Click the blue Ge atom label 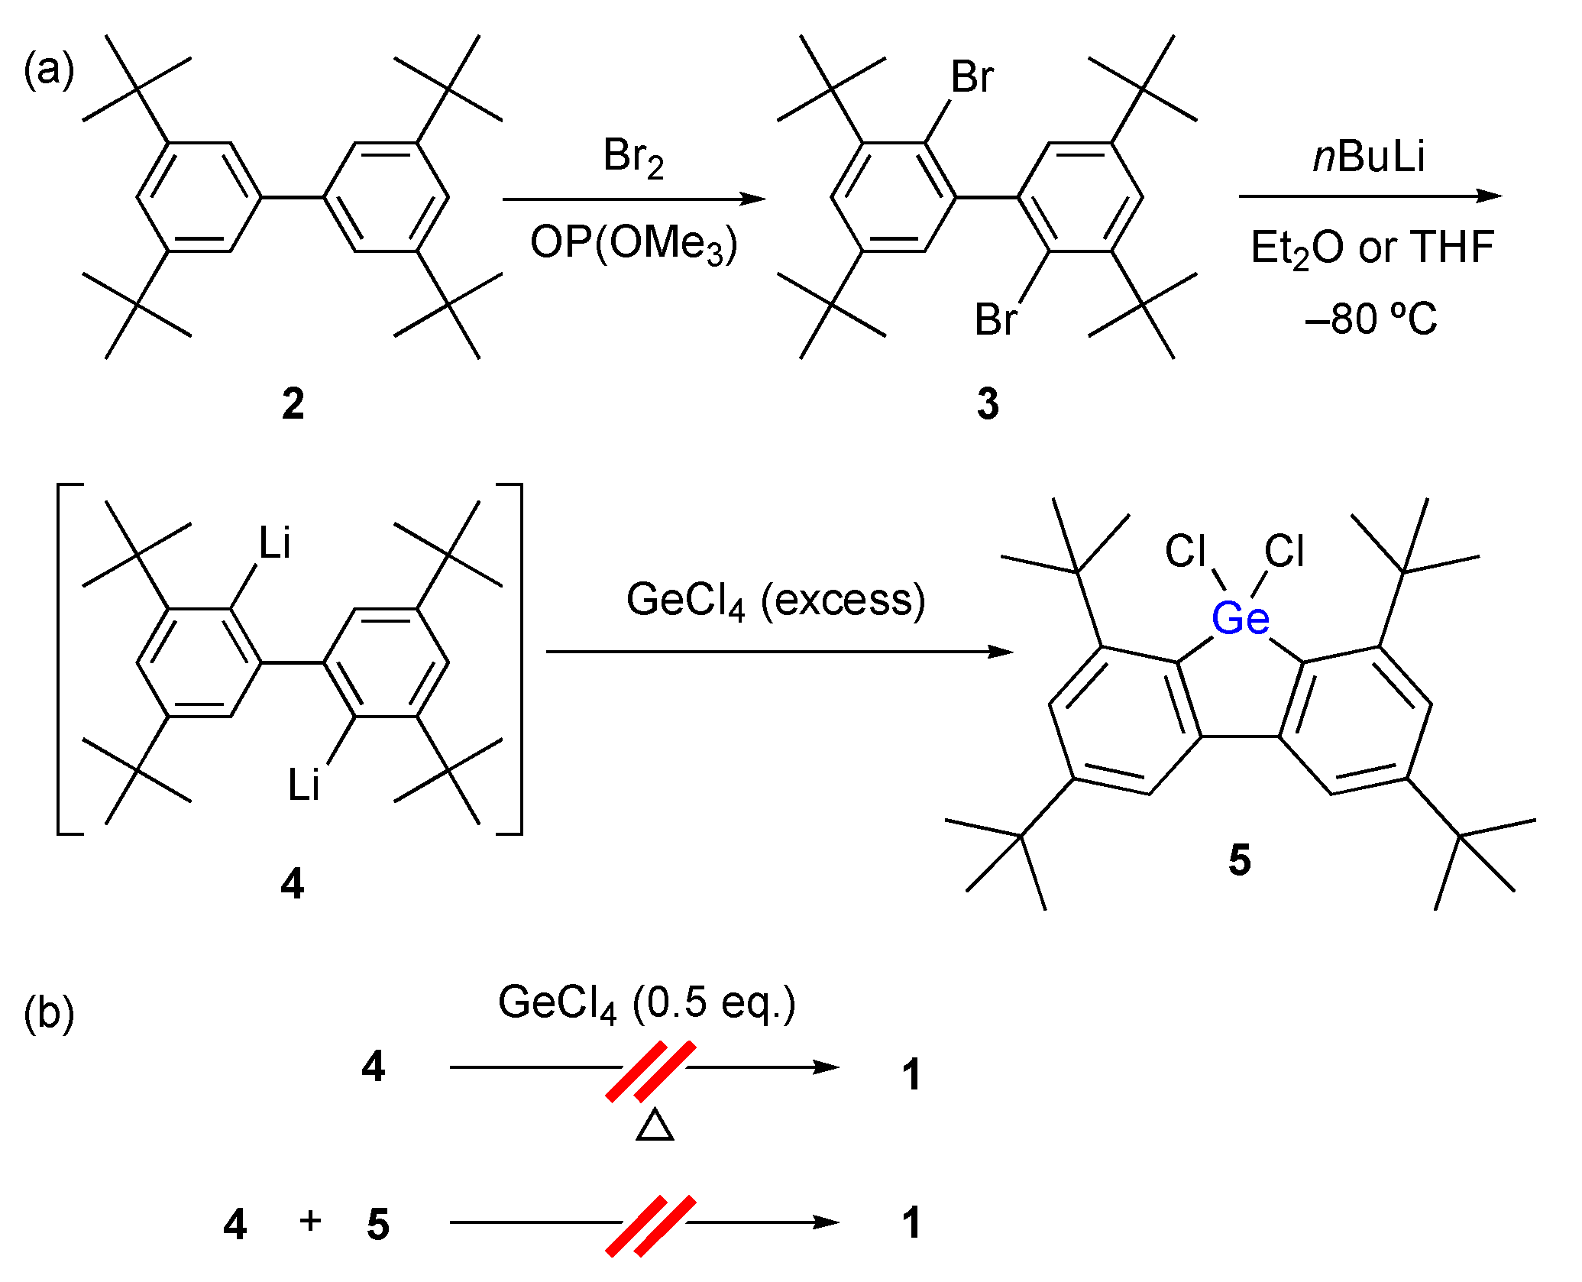point(1240,619)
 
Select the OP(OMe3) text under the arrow point(633,244)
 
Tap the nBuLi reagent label point(1369,157)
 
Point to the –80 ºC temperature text point(1370,319)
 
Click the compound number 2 point(293,403)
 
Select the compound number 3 point(988,403)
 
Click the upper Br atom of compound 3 point(972,77)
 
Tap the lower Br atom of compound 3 point(995,319)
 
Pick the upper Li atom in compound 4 point(275,543)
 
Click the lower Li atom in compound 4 point(303,785)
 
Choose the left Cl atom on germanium point(1185,551)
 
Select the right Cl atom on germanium point(1284,551)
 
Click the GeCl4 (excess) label point(775,600)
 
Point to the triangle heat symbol point(655,1126)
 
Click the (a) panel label point(49,70)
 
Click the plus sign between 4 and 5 point(310,1221)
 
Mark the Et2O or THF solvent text point(1372,248)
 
